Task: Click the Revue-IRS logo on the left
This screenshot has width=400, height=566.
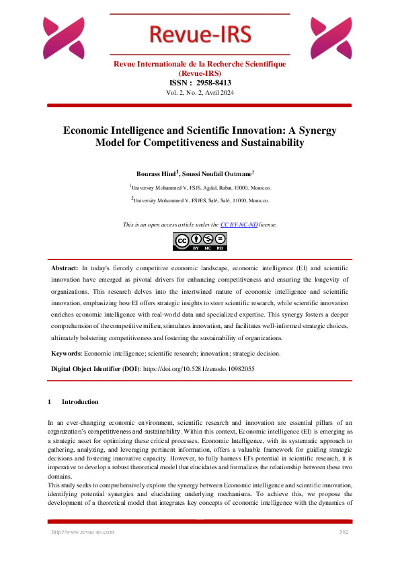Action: (64, 38)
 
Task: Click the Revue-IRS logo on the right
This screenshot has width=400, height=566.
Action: (331, 38)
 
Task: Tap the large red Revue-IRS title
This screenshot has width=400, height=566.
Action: (199, 34)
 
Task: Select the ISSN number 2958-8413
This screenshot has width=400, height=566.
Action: (214, 83)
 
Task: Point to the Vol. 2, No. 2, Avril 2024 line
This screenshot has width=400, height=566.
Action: (200, 92)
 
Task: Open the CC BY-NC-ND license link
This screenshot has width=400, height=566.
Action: (239, 225)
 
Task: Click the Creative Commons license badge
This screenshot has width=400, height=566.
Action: (200, 240)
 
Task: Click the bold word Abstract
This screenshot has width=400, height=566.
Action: (65, 268)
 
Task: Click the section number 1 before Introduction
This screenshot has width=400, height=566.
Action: (50, 402)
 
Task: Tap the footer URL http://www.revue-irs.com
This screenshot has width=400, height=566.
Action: (83, 532)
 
